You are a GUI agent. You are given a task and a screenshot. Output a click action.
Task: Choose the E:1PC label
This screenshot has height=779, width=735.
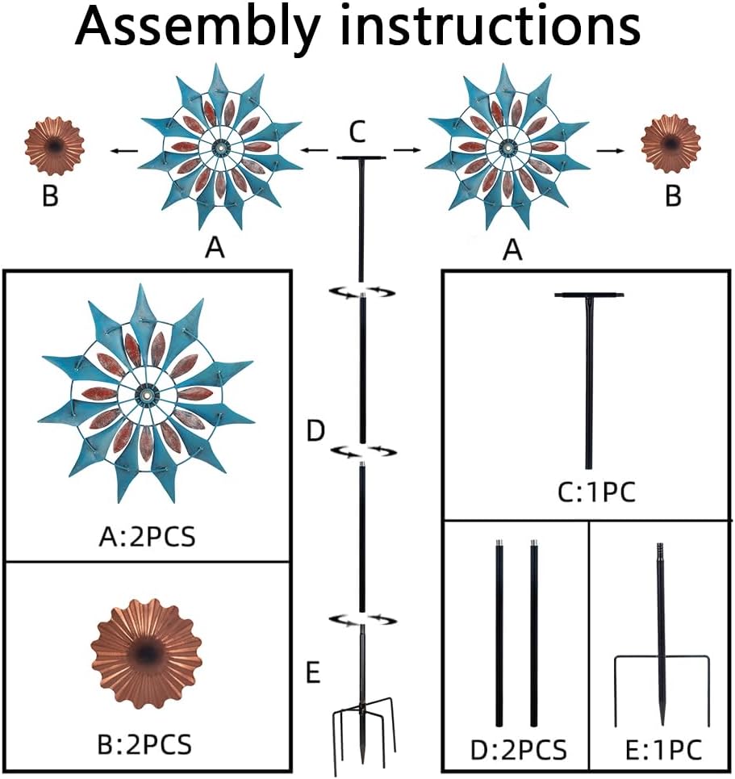(662, 749)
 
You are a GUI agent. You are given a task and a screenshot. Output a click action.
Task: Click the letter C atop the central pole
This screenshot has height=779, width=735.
(361, 132)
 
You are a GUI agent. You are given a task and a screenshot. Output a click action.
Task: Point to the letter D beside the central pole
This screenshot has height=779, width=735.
(315, 431)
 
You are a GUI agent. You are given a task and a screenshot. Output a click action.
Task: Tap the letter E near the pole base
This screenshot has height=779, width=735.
(315, 672)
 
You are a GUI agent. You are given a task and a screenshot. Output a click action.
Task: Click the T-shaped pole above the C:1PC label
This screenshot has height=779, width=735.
(589, 379)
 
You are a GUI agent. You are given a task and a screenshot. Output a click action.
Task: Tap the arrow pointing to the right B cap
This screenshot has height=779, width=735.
(609, 150)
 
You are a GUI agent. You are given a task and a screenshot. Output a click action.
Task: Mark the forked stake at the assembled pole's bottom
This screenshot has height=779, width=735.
(361, 731)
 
